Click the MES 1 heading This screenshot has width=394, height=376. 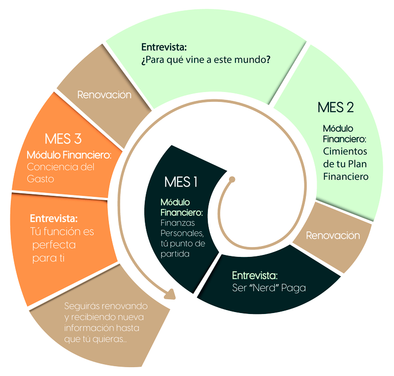click(x=181, y=182)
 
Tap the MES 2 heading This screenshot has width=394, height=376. click(x=336, y=107)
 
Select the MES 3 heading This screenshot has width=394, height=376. click(x=63, y=139)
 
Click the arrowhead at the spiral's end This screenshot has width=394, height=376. click(x=170, y=294)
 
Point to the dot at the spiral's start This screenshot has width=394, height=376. click(x=232, y=179)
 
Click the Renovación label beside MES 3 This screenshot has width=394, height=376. click(x=104, y=95)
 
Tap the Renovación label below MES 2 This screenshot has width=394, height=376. click(x=333, y=236)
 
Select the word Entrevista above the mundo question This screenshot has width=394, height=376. click(x=164, y=47)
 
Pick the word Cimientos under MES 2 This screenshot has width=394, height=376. click(x=345, y=151)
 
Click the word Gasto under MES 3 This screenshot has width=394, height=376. click(x=40, y=179)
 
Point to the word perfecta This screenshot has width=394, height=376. click(x=54, y=245)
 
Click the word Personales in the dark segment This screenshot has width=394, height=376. click(x=182, y=233)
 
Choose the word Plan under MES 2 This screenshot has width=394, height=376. click(x=358, y=164)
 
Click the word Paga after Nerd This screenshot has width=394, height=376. click(x=294, y=288)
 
